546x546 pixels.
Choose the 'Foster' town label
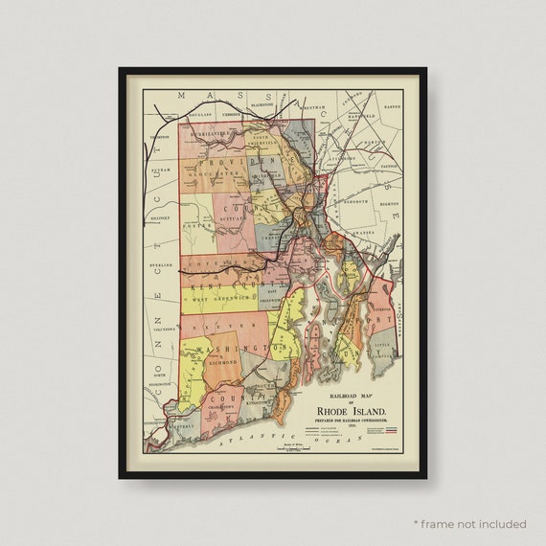(195, 227)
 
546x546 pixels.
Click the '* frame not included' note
(470, 524)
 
